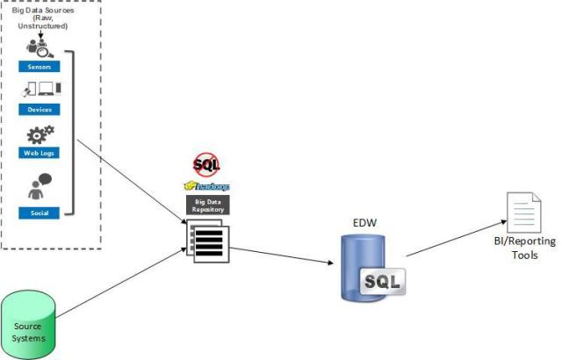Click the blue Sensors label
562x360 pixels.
click(40, 66)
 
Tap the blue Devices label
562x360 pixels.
click(40, 110)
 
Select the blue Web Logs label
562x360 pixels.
click(40, 153)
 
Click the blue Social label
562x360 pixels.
click(40, 212)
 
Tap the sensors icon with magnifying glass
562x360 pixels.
click(36, 48)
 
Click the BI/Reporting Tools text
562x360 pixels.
click(526, 248)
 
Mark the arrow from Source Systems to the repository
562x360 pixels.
click(123, 290)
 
